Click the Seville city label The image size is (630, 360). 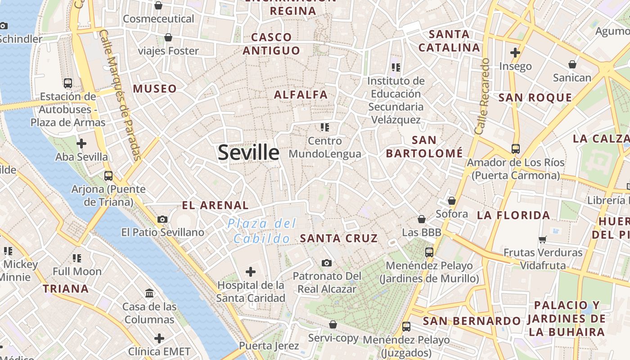pyautogui.click(x=248, y=153)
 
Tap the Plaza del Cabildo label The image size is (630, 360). pyautogui.click(x=261, y=230)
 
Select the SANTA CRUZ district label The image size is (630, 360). pyautogui.click(x=339, y=238)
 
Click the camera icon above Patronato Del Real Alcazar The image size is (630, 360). pyautogui.click(x=327, y=263)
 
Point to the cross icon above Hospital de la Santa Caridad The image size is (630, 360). pyautogui.click(x=251, y=272)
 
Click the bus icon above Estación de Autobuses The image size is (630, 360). pyautogui.click(x=68, y=83)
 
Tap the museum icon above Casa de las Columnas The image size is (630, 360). pyautogui.click(x=149, y=293)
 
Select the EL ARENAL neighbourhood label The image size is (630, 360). pyautogui.click(x=215, y=206)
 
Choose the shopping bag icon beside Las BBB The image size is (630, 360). pyautogui.click(x=422, y=219)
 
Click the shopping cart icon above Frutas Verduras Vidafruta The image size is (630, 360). pyautogui.click(x=543, y=239)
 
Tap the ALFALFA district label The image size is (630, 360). pyautogui.click(x=301, y=95)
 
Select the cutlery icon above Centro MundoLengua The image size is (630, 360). pyautogui.click(x=325, y=127)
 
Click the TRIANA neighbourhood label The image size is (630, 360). pyautogui.click(x=66, y=288)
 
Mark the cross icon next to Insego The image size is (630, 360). pyautogui.click(x=515, y=53)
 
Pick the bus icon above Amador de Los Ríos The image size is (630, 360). pyautogui.click(x=516, y=148)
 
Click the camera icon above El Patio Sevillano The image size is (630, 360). pyautogui.click(x=162, y=219)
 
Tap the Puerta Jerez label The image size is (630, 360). pyautogui.click(x=269, y=346)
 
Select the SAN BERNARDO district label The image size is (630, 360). pyautogui.click(x=472, y=321)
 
